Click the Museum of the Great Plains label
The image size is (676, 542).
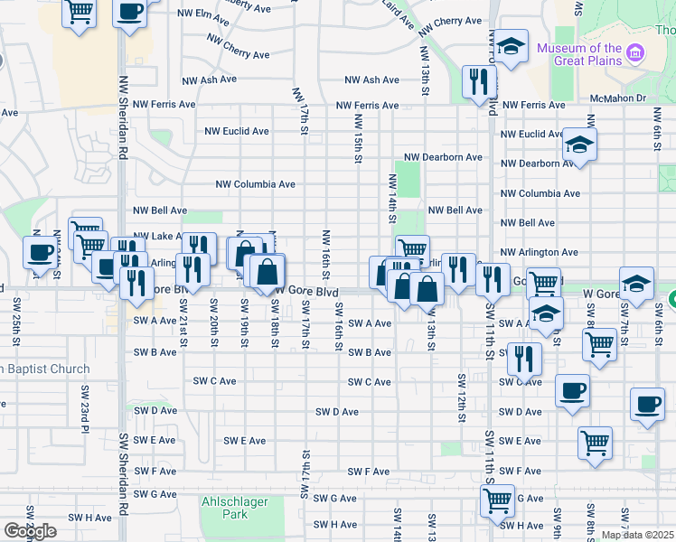click(x=579, y=54)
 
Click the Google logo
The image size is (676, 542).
click(x=30, y=531)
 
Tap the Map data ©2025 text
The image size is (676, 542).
click(x=637, y=535)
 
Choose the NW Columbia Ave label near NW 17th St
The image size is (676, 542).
click(x=255, y=184)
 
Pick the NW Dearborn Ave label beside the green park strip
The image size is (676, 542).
click(x=443, y=157)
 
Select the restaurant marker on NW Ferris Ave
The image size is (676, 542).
click(x=475, y=81)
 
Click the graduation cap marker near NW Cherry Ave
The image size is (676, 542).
click(x=512, y=48)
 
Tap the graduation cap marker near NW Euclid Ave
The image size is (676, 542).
click(x=578, y=145)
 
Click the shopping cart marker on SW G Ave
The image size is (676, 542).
click(x=497, y=500)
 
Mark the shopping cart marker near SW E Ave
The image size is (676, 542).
click(x=595, y=443)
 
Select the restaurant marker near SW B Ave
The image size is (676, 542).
click(x=524, y=359)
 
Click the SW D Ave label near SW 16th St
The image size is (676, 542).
click(x=337, y=412)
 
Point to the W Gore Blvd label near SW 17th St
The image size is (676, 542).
click(x=307, y=292)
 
